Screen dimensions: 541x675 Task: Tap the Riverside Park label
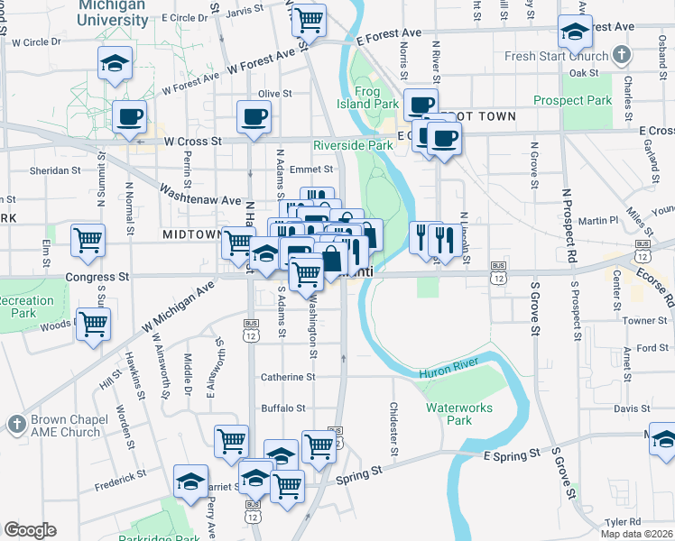tap(353, 145)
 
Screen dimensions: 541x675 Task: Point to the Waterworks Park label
tap(460, 414)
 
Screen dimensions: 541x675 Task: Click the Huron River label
tap(447, 371)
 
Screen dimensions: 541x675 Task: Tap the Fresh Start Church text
tap(559, 56)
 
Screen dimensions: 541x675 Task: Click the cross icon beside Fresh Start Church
tap(621, 56)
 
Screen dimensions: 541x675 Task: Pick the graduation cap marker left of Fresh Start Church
tap(575, 32)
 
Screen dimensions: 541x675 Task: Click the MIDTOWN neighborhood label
tap(191, 234)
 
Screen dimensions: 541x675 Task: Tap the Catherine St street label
tap(288, 378)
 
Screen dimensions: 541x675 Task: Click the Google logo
tap(29, 530)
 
